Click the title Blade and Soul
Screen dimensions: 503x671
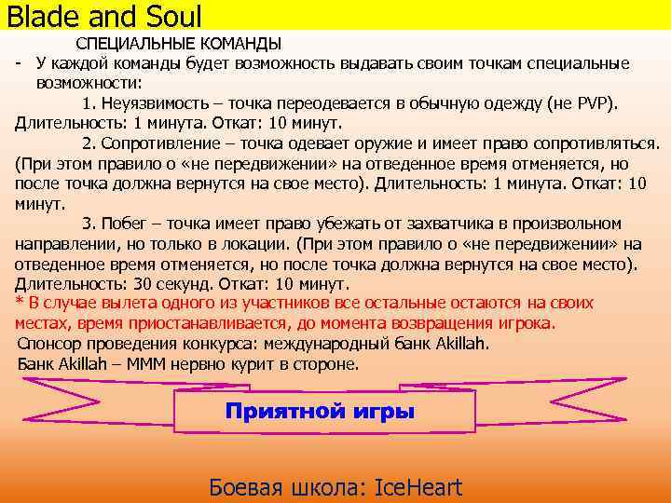coord(104,15)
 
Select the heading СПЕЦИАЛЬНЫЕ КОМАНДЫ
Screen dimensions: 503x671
coord(178,45)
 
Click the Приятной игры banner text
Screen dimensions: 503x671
coord(320,412)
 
